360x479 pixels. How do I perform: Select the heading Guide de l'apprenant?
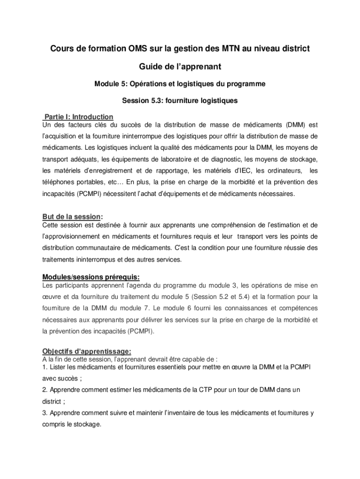[x=180, y=67]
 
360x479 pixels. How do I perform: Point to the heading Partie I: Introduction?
[x=78, y=116]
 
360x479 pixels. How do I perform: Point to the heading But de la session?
[x=71, y=217]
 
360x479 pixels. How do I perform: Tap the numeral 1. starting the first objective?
[x=44, y=367]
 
